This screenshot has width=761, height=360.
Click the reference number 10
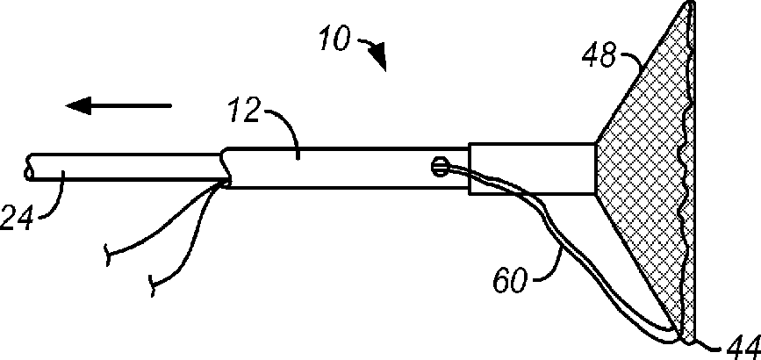click(334, 40)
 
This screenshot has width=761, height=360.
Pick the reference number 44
click(743, 347)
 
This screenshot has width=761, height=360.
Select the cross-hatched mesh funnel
click(654, 176)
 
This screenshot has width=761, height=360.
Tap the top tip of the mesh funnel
click(689, 7)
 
